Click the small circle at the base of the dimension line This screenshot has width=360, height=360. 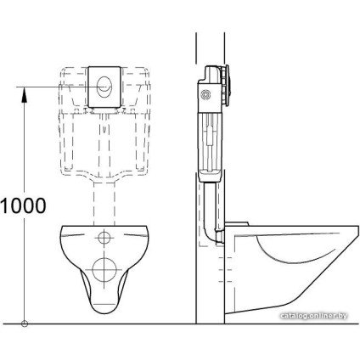[26, 323]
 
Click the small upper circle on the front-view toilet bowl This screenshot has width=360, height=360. [104, 236]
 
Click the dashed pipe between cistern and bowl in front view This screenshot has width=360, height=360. [104, 204]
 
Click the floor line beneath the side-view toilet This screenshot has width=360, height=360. [280, 323]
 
